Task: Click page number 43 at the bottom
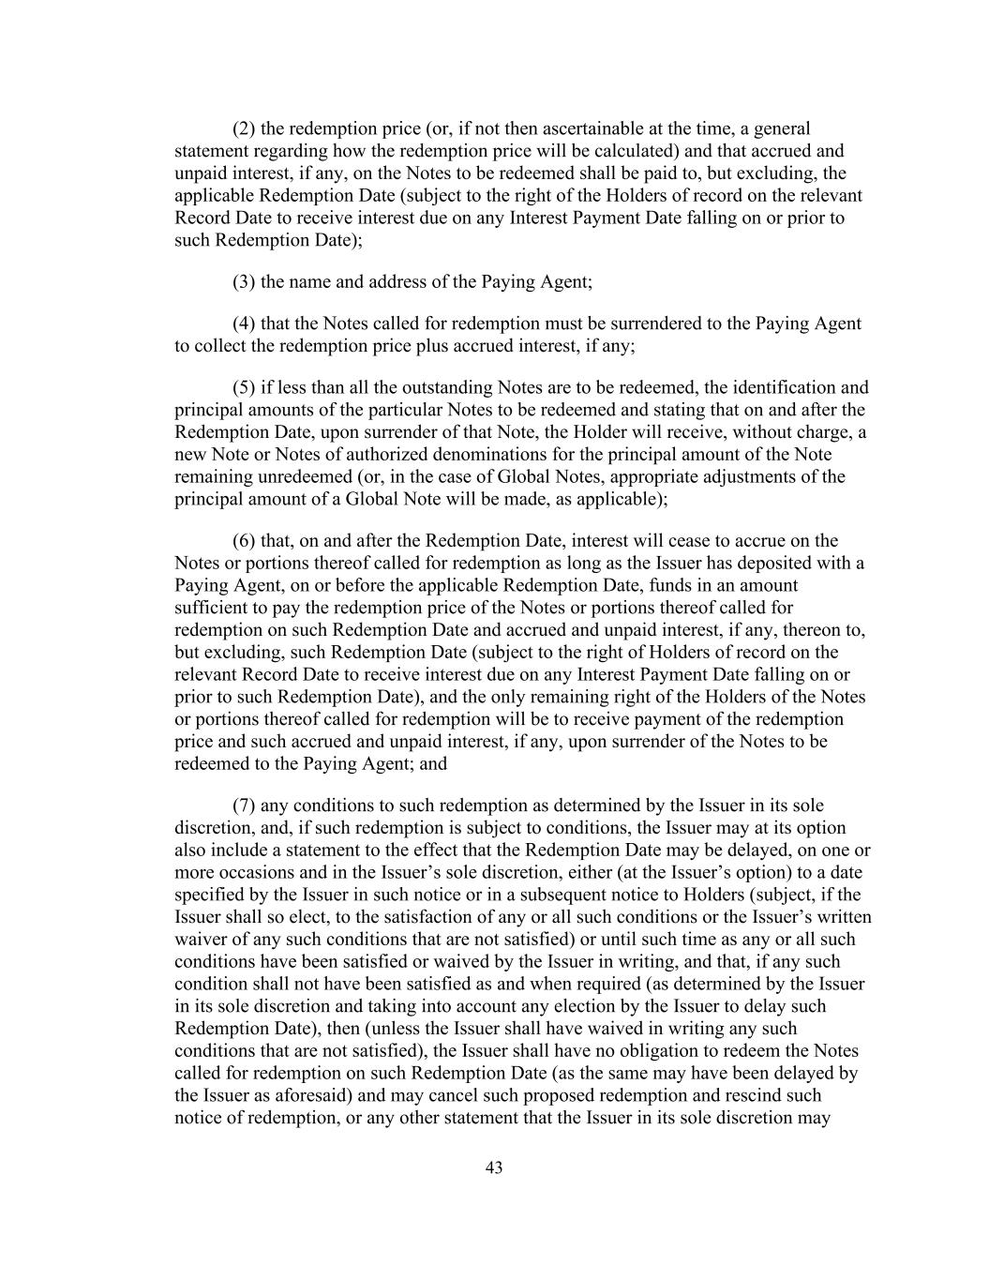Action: (x=495, y=1167)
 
